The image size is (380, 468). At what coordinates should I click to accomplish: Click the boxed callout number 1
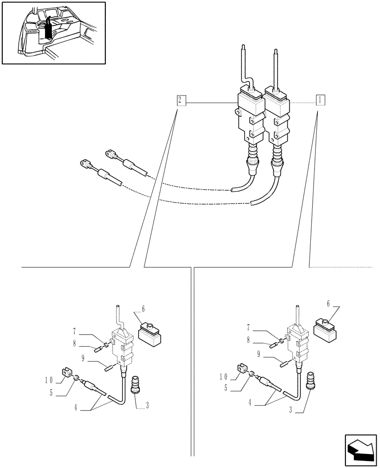[x=320, y=99]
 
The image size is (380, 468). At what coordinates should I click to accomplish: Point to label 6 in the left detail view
[x=143, y=309]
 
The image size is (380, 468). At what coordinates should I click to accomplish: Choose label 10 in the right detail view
[x=224, y=376]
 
